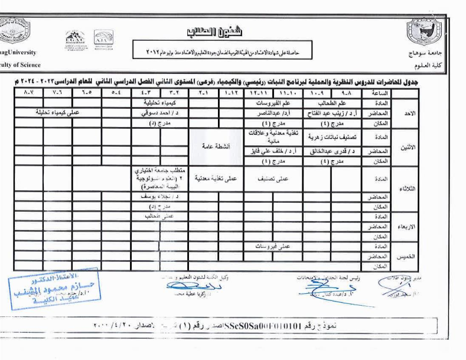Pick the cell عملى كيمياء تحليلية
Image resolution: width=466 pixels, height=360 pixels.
tap(58, 112)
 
